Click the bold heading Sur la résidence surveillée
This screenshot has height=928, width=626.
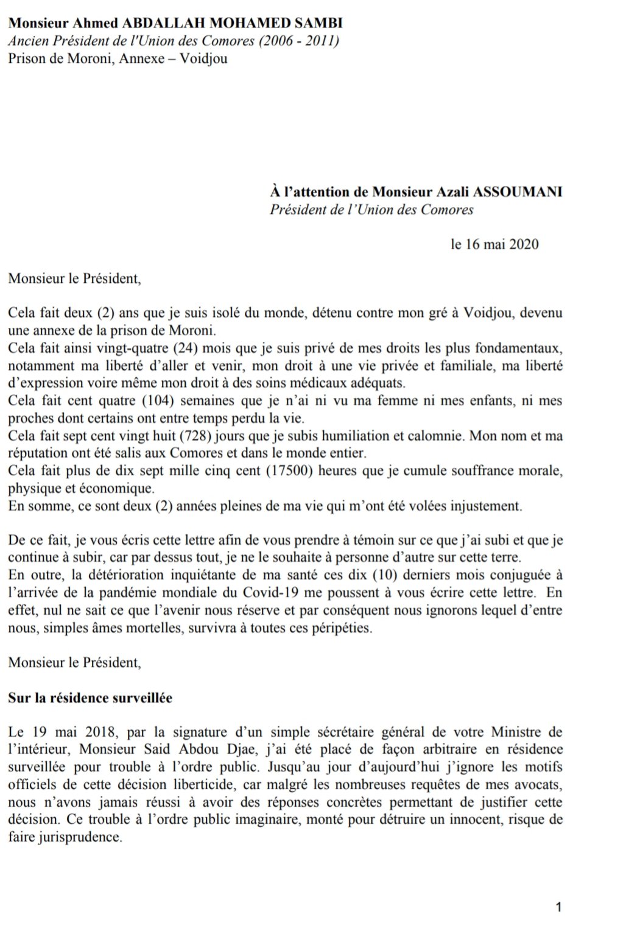coord(90,698)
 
